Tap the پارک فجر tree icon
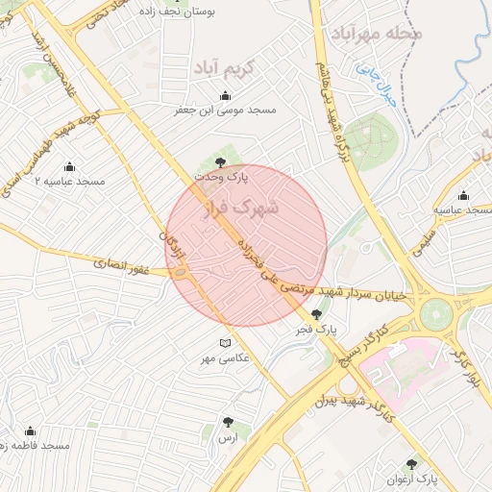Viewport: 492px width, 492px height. click(x=317, y=313)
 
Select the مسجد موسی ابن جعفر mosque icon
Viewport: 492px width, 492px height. click(x=225, y=95)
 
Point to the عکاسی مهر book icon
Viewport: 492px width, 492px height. click(x=225, y=343)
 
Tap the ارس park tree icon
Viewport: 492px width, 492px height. click(x=228, y=422)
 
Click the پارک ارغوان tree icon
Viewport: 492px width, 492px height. click(x=412, y=463)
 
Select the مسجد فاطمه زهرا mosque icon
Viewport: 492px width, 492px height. click(x=30, y=431)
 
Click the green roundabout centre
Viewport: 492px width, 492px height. click(x=436, y=312)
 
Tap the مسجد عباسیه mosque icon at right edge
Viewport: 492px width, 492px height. click(x=464, y=194)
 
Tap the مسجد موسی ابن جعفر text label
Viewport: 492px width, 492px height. click(x=225, y=110)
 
